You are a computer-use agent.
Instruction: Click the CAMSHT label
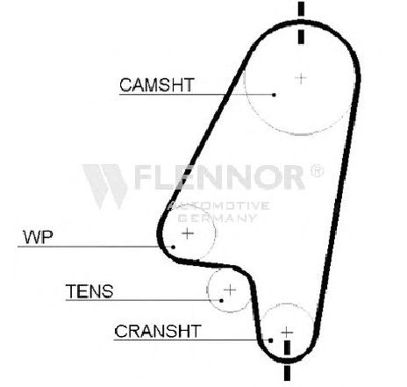click(157, 84)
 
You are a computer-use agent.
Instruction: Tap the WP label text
click(38, 237)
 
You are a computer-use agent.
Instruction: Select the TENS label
click(89, 291)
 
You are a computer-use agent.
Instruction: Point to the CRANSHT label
click(158, 331)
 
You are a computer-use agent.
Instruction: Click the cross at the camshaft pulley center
click(301, 78)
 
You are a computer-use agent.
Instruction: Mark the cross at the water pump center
click(188, 233)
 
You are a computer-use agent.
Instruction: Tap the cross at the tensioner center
click(230, 290)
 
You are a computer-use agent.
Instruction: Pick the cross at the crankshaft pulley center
click(287, 333)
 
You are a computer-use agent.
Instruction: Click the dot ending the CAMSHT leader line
click(274, 95)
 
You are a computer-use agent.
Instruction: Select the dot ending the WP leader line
click(173, 247)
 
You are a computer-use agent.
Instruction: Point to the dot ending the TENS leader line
click(221, 300)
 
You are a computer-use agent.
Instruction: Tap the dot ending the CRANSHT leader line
click(271, 340)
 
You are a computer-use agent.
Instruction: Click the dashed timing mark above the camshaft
click(301, 23)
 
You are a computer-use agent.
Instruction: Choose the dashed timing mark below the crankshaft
click(287, 361)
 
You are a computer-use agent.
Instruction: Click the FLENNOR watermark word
click(220, 176)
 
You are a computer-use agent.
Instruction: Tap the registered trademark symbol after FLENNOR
click(317, 170)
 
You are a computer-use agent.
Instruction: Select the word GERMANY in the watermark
click(218, 218)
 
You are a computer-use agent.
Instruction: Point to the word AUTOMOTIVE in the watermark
click(218, 205)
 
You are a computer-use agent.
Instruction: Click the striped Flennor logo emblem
click(105, 186)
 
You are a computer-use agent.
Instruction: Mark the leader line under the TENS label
click(144, 300)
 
